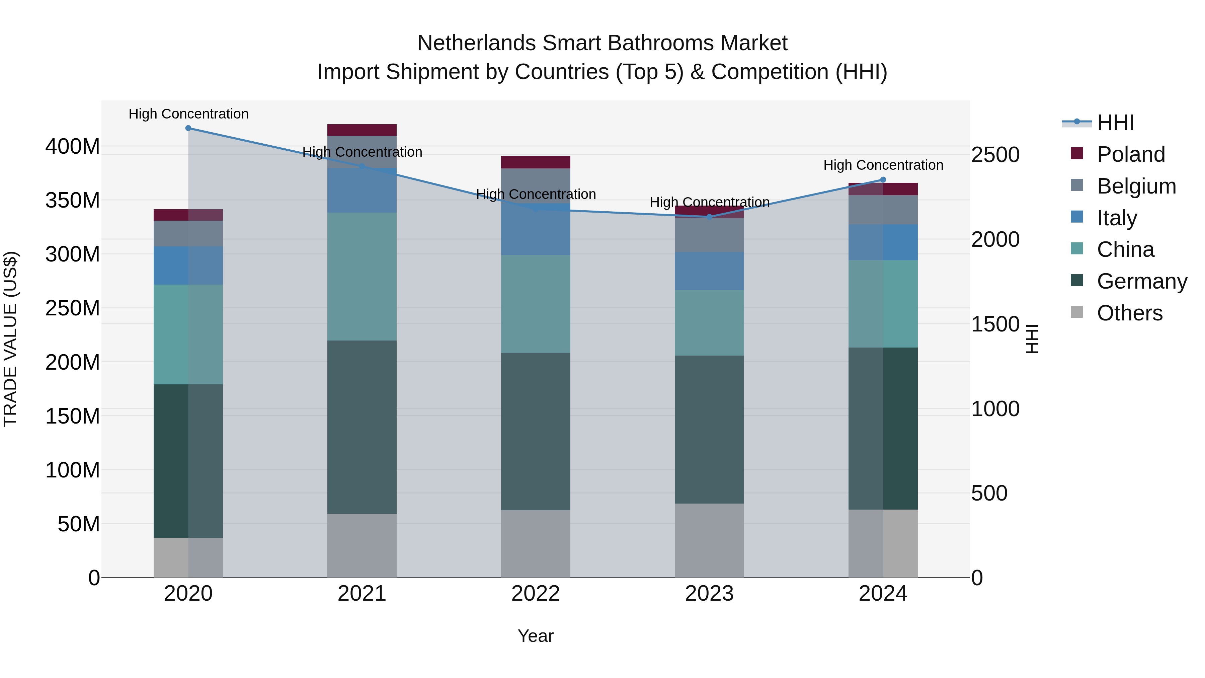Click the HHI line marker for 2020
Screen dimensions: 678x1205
[188, 128]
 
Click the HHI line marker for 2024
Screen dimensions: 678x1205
[883, 180]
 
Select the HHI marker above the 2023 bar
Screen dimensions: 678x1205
[709, 217]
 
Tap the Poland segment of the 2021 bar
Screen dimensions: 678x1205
[361, 130]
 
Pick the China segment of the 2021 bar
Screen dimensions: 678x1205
[361, 277]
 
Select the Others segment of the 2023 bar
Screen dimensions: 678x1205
[709, 540]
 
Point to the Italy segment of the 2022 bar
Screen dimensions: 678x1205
[536, 229]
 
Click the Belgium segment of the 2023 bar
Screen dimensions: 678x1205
[709, 235]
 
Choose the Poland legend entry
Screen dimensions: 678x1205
[1130, 154]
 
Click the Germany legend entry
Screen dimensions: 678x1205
[1141, 281]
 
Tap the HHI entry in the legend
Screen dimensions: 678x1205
[1115, 123]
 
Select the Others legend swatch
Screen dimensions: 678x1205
[1077, 312]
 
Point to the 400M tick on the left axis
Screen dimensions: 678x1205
[73, 146]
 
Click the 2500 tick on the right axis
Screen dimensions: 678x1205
[995, 155]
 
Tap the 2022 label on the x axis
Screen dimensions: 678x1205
[536, 594]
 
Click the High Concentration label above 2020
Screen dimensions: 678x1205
[188, 114]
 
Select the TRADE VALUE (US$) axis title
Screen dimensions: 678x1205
[10, 339]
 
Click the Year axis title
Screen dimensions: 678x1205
[535, 636]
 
